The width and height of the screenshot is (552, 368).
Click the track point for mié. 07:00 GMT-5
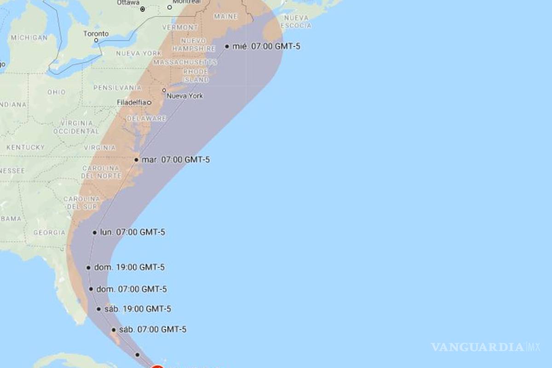(x=227, y=46)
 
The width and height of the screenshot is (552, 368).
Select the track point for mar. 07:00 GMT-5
(x=137, y=160)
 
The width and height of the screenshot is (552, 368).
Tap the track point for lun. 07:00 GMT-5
(x=95, y=232)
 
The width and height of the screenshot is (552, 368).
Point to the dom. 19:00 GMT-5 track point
(x=88, y=267)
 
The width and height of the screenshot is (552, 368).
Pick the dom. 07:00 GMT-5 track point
(x=91, y=289)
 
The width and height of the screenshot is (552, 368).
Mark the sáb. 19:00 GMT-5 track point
(x=99, y=309)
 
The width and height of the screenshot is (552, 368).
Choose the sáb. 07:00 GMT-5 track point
(x=114, y=330)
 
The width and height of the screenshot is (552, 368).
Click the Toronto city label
(x=96, y=34)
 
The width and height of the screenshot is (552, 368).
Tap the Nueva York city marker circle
(x=164, y=90)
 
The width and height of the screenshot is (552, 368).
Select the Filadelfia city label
(x=132, y=102)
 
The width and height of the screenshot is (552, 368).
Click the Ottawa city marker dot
(x=143, y=9)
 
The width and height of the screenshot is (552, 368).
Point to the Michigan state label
(x=29, y=37)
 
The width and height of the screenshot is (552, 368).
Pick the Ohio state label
(x=57, y=92)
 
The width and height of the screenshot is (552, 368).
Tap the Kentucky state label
(x=26, y=147)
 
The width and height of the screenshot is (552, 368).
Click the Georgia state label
(x=49, y=233)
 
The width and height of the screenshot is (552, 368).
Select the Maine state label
(x=226, y=17)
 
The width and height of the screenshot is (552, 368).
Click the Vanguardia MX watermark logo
(x=485, y=347)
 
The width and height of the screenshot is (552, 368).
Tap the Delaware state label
(x=146, y=118)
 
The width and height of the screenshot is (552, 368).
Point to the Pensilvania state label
(x=117, y=87)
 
